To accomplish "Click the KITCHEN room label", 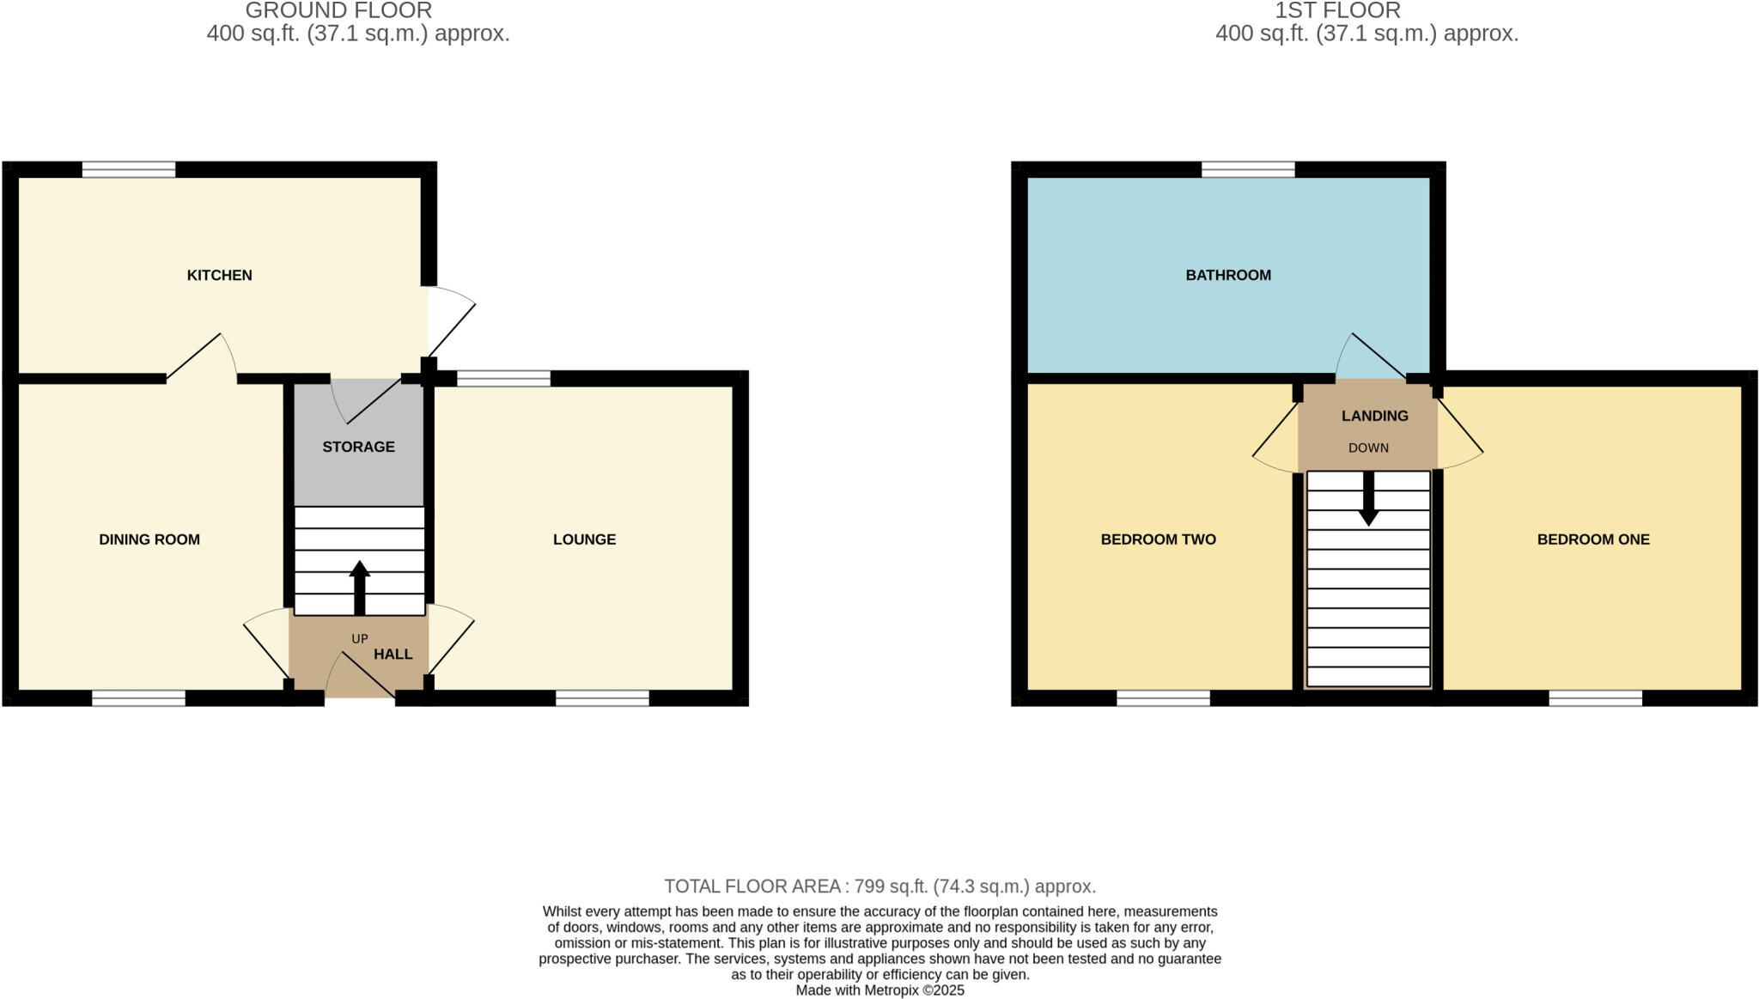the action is (x=220, y=275).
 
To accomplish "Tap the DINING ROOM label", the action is (x=149, y=539).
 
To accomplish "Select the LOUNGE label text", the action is (x=584, y=539).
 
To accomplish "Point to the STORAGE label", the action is (x=358, y=447).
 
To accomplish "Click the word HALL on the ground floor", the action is (x=393, y=654).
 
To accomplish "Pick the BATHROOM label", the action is (x=1228, y=275).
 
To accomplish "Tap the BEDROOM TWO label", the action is (x=1159, y=539).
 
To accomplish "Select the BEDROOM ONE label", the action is (x=1593, y=539).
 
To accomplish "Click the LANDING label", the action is (x=1375, y=416).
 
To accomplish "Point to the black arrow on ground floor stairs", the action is (x=360, y=588).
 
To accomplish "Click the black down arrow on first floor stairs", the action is (x=1368, y=498).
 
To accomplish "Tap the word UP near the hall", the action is (x=360, y=638).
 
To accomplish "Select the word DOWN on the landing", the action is (x=1368, y=448).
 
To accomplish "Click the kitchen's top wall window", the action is (x=129, y=170).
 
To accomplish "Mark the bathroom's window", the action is (x=1248, y=170).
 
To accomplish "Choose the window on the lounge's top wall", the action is (x=503, y=378).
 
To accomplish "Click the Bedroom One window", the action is (x=1596, y=698).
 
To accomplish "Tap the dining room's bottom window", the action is (x=138, y=698).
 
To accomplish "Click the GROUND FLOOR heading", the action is (x=338, y=10).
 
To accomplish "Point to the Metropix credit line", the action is (x=880, y=990).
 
